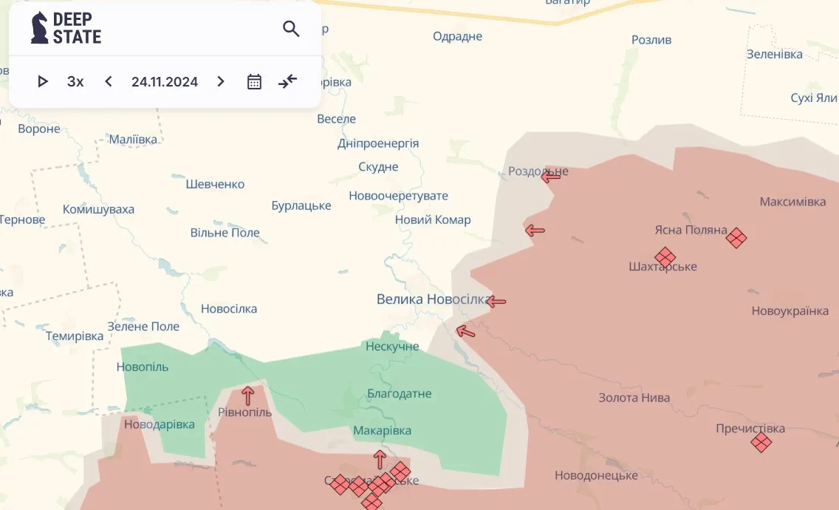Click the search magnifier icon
coord(291,29)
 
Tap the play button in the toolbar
coord(43,81)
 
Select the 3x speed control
coord(75,81)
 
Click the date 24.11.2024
coord(165,81)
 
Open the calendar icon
coord(254,81)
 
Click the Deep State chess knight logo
coord(38,28)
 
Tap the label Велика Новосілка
coord(433,299)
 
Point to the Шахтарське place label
coord(662,267)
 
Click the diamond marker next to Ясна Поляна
coord(736,237)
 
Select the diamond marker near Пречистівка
coord(761,442)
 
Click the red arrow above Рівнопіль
coord(247,395)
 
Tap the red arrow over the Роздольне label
coord(551,175)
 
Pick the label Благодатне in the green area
coord(399,394)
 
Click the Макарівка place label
coord(382,430)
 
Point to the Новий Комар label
coord(433,220)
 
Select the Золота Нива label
coord(634,398)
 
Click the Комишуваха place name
coord(98,209)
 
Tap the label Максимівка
coord(792,202)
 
